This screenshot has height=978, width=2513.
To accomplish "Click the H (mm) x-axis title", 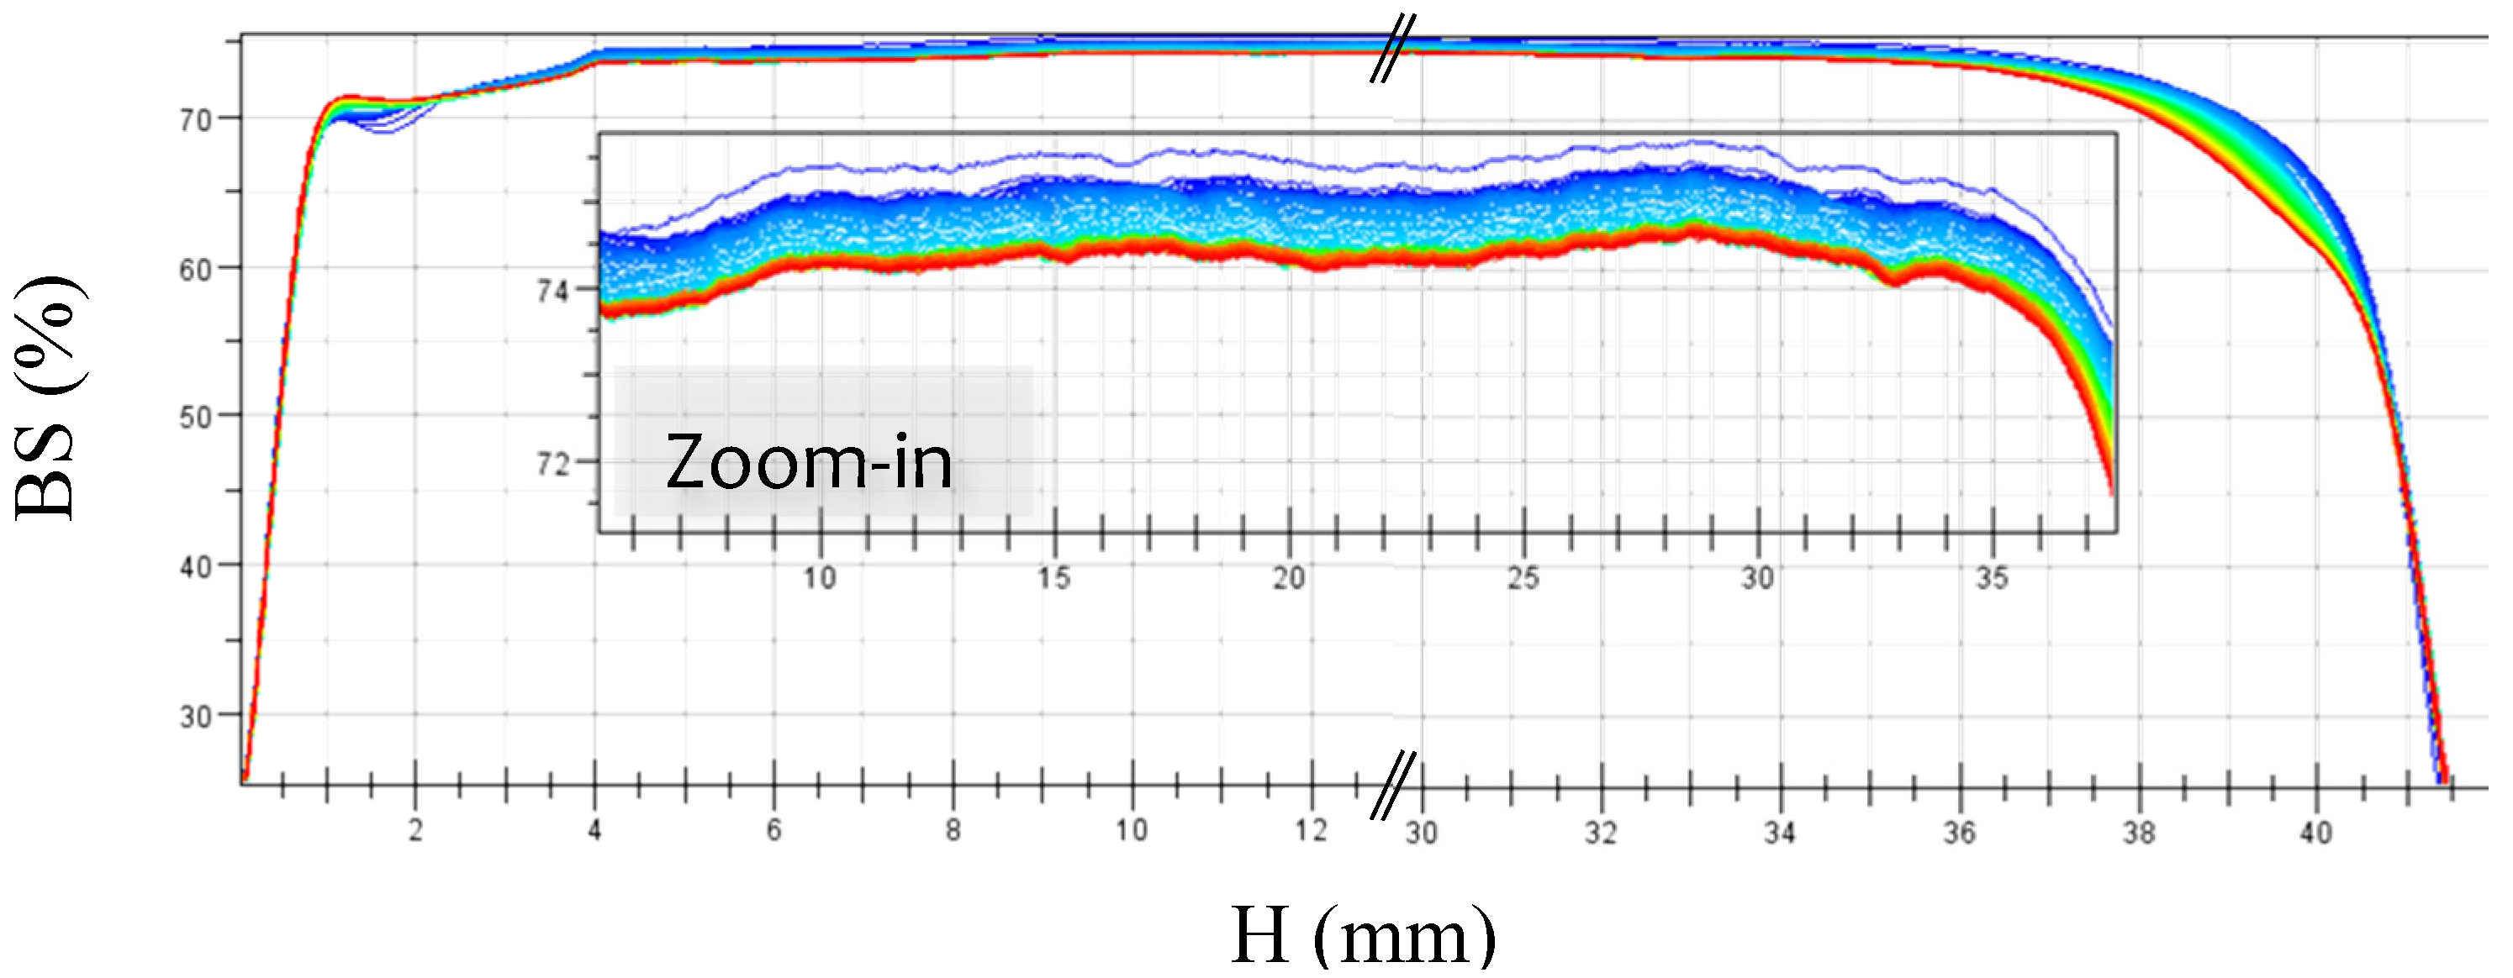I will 1362,935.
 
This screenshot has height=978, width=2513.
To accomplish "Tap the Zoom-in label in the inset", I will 808,462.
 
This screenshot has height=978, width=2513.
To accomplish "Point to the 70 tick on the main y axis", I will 195,121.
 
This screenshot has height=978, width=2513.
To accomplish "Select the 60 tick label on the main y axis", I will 195,270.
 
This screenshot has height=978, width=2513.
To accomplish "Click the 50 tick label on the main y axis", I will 195,418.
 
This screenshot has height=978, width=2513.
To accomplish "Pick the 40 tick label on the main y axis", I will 195,567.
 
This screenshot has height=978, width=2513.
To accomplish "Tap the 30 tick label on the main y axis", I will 195,718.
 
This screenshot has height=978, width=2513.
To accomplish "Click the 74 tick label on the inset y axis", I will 552,291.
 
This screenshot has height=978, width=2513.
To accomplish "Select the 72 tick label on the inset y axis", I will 552,464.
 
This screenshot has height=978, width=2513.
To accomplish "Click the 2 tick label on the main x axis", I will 415,831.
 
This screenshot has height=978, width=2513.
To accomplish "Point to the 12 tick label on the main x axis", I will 1311,831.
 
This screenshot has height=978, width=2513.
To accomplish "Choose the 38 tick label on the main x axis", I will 2138,833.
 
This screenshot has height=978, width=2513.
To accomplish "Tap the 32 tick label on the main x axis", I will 1600,833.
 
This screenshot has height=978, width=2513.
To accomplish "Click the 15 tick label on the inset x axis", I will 1053,578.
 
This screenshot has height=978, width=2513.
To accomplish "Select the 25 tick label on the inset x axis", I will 1523,578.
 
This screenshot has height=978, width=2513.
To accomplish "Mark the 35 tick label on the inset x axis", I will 1992,578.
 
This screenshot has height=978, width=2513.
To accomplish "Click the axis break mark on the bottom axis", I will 1393,785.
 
